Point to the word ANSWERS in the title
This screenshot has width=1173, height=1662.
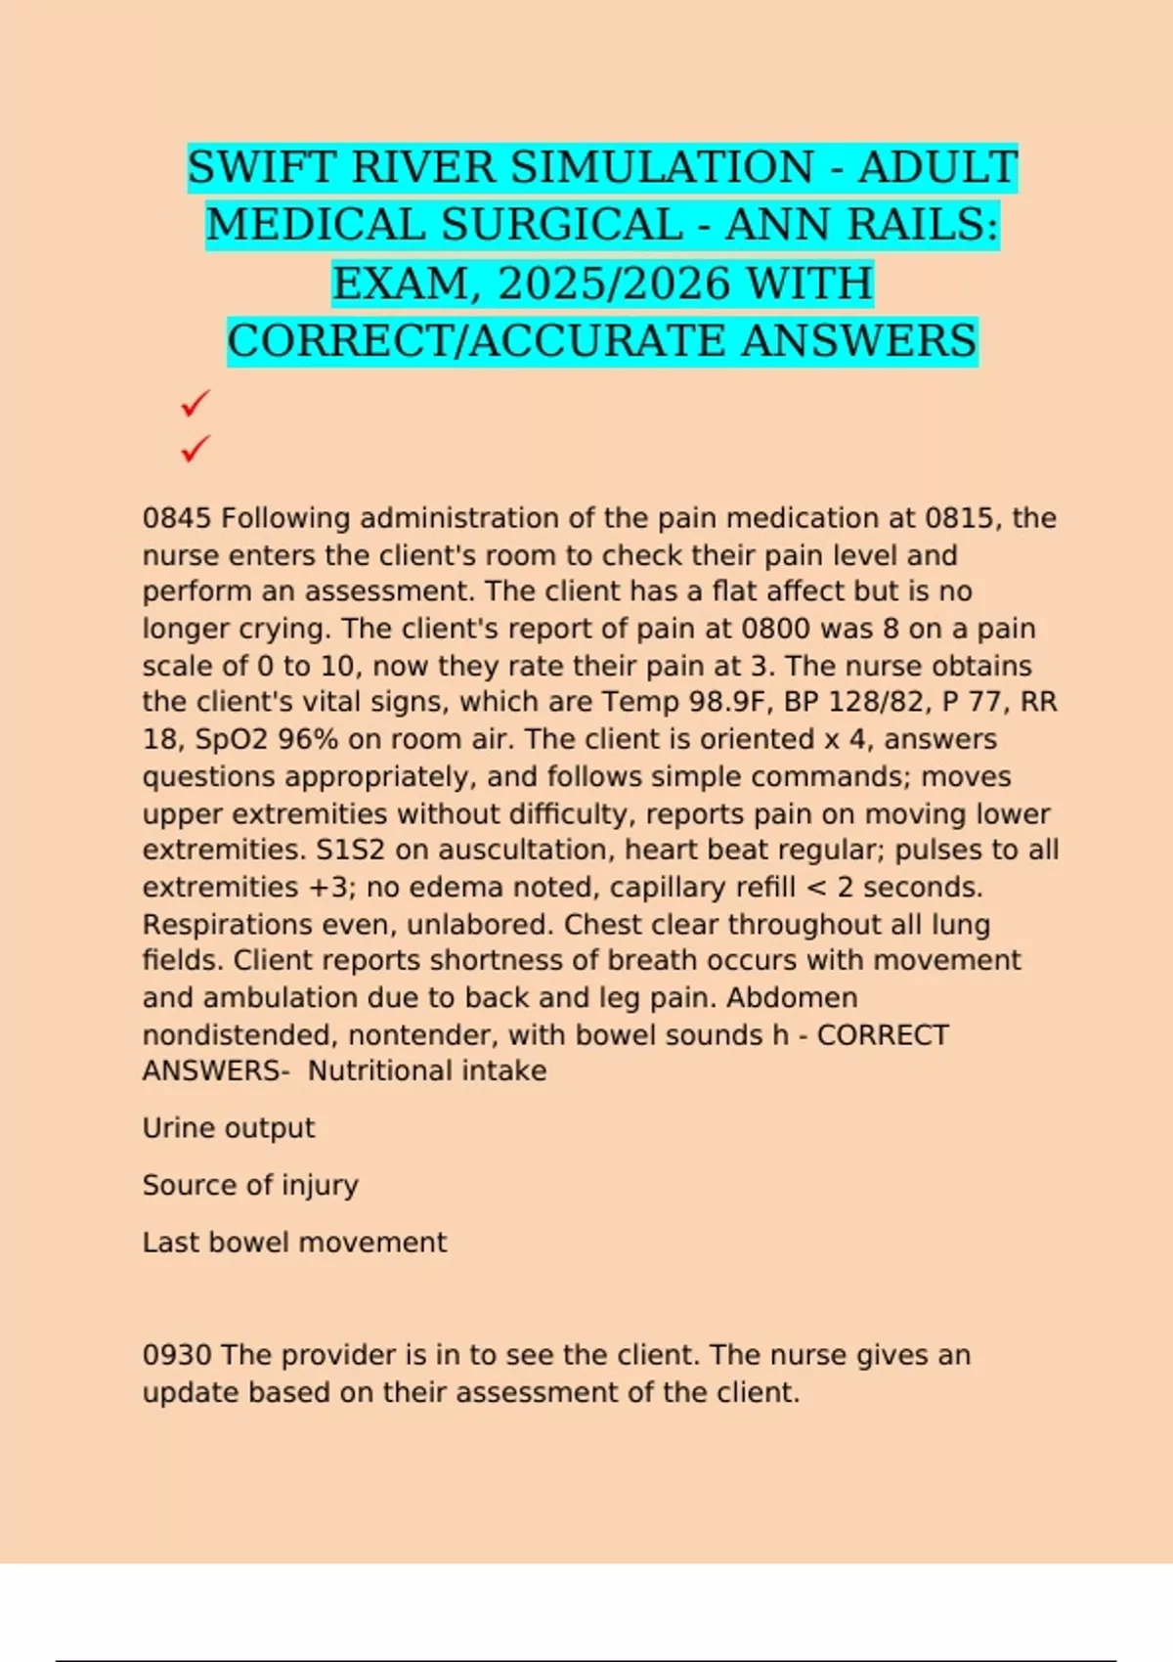(857, 341)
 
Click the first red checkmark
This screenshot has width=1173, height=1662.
(195, 402)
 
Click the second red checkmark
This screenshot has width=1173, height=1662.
(195, 449)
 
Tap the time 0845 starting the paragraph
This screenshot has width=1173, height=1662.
(177, 518)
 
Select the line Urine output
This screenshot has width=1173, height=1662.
(229, 1128)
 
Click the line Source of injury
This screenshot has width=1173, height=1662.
(250, 1185)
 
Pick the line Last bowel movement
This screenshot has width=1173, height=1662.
(294, 1243)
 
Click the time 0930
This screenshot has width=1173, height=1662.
(177, 1355)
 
